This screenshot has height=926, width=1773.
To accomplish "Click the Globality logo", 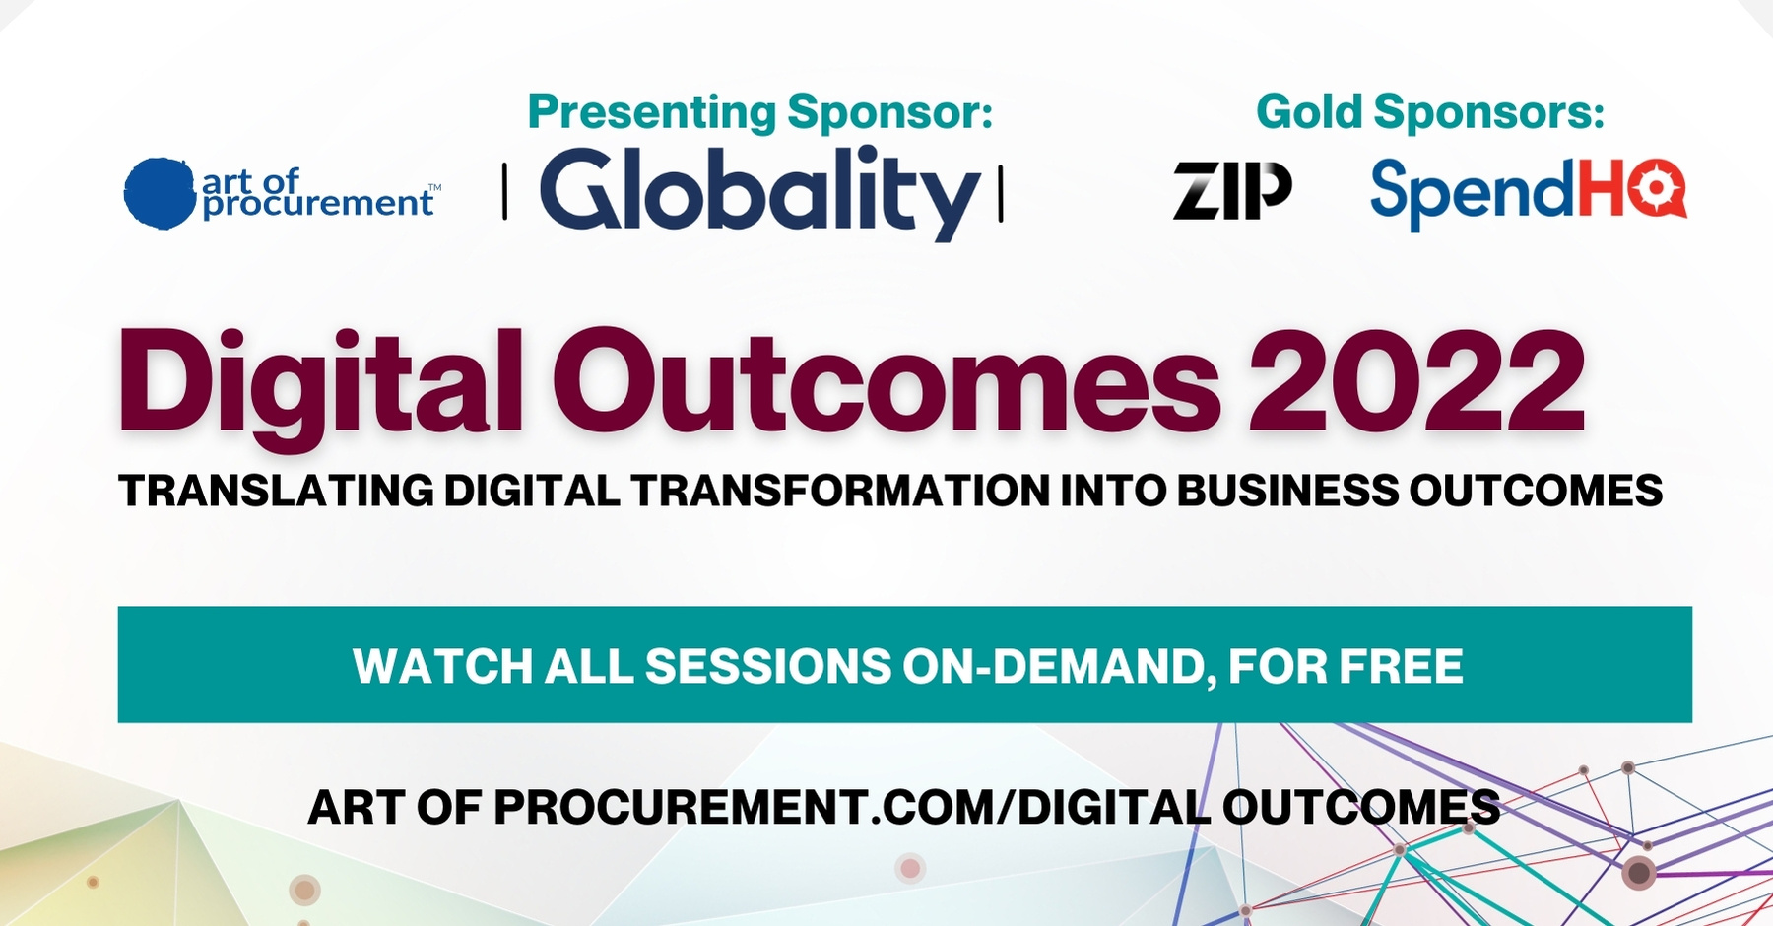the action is click(759, 192).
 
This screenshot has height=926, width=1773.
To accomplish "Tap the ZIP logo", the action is click(1232, 190).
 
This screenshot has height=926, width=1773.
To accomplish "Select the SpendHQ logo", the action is click(1528, 193).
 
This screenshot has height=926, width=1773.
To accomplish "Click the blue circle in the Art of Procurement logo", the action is click(160, 193).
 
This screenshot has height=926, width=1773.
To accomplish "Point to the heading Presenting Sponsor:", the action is click(760, 111).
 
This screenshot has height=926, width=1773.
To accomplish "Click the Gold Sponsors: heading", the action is click(1430, 111).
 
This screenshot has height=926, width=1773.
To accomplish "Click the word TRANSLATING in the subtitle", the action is click(276, 491).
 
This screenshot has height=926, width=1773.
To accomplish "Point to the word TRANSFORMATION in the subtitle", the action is click(841, 491).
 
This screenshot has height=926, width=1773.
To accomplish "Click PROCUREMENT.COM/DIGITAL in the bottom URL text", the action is click(852, 808).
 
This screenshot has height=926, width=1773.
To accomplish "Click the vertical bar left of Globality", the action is click(505, 193).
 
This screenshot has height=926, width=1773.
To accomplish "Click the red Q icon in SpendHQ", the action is click(1657, 188).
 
